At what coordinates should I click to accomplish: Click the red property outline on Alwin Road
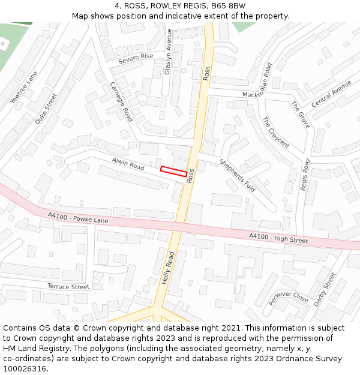tap(173, 171)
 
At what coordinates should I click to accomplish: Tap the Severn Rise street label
tap(136, 58)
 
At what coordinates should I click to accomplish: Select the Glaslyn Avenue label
tap(169, 52)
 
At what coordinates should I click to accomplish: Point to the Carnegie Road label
tap(121, 101)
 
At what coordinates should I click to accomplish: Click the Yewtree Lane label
tap(24, 88)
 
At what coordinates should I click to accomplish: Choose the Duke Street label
tap(46, 109)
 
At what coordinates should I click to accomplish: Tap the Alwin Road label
tap(128, 164)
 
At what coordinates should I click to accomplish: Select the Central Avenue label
tap(332, 94)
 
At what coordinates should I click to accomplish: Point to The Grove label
tap(301, 115)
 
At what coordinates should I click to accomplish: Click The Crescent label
tap(276, 133)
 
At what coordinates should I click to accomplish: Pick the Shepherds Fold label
tap(237, 175)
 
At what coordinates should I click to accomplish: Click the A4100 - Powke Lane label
tap(78, 217)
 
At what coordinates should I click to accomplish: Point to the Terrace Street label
tap(68, 287)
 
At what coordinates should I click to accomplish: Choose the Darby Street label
tap(325, 290)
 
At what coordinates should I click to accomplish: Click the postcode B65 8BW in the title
tap(229, 6)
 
